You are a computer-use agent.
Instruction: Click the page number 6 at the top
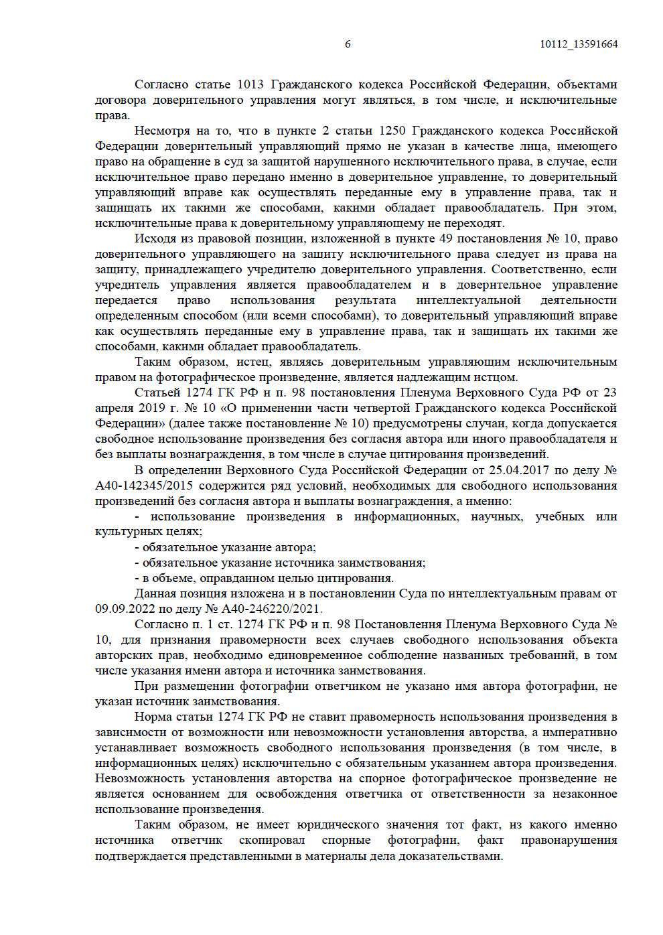(x=348, y=44)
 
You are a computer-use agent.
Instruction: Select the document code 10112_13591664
(x=579, y=44)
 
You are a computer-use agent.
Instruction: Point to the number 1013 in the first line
(x=250, y=84)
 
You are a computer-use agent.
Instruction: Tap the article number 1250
(x=392, y=131)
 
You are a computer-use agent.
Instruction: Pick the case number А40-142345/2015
(x=144, y=486)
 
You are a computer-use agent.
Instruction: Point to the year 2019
(x=151, y=408)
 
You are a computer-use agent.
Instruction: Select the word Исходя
(x=155, y=238)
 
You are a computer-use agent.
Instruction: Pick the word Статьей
(x=157, y=392)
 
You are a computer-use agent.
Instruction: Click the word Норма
(x=153, y=717)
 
